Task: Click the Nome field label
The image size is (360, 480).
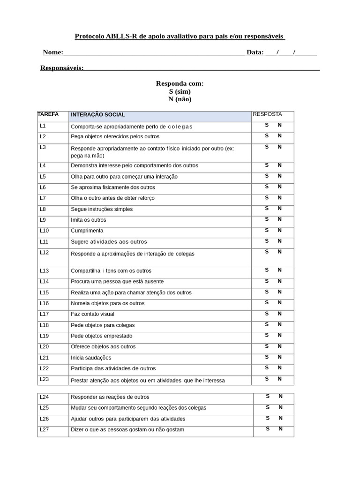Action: point(53,52)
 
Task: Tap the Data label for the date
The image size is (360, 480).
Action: point(255,52)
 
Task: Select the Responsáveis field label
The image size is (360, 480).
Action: point(62,68)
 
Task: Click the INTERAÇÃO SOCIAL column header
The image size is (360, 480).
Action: point(98,115)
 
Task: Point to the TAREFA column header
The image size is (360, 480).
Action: point(48,114)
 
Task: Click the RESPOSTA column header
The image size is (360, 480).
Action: point(267,114)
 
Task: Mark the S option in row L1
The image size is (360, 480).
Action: point(267,125)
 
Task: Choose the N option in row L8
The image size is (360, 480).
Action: point(279,209)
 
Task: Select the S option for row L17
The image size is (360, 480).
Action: point(267,314)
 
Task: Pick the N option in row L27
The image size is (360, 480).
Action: point(280,429)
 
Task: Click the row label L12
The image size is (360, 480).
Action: point(45,253)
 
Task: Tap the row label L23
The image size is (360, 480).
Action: point(45,379)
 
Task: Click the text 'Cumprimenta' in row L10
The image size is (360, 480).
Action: point(87,231)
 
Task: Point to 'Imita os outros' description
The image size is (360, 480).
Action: point(89,220)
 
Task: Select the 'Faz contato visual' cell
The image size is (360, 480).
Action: point(92,314)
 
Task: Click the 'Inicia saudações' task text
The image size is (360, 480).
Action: point(91,358)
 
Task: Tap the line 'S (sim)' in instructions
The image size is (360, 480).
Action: point(180,91)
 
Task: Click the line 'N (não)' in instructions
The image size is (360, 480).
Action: point(180,99)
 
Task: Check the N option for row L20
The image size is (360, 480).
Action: point(279,346)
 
